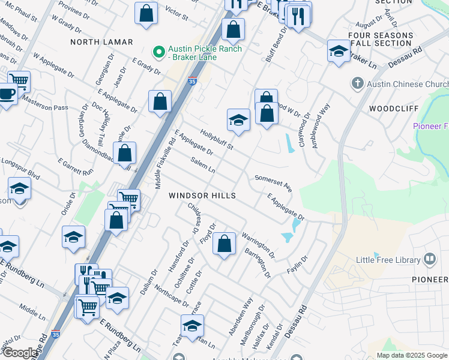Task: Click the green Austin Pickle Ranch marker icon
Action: click(x=160, y=53)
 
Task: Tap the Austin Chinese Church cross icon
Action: click(x=357, y=84)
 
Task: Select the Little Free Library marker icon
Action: click(x=430, y=259)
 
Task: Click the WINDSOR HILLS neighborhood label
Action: click(x=202, y=196)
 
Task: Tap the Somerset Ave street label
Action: click(x=273, y=183)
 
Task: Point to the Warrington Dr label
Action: click(x=258, y=245)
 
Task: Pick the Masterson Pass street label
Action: click(x=46, y=104)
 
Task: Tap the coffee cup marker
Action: click(x=6, y=95)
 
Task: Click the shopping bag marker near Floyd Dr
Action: click(x=224, y=244)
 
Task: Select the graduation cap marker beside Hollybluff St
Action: click(x=238, y=120)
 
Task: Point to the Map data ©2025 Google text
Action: click(x=412, y=355)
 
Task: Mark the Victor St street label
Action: click(x=176, y=11)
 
